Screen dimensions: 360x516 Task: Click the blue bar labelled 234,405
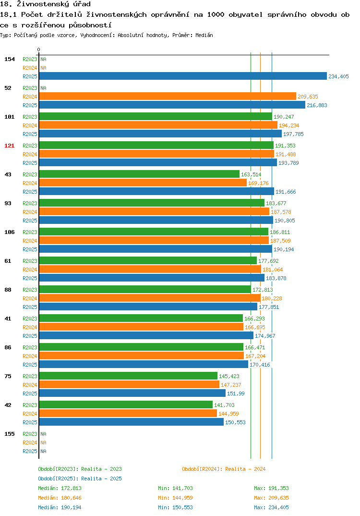(183, 76)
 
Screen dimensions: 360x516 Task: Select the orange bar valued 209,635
(168, 97)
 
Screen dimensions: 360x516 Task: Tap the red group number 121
(10, 146)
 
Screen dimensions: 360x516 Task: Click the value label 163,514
(251, 174)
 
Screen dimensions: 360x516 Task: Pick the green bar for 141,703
(126, 405)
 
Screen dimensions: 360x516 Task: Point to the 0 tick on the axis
(38, 49)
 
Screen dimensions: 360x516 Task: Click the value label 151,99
(236, 393)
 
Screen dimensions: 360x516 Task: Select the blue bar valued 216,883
(172, 105)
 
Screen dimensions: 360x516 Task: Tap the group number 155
(10, 434)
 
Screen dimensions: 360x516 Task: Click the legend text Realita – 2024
(246, 469)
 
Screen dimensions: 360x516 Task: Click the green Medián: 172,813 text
(60, 488)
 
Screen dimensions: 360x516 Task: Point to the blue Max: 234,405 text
(271, 507)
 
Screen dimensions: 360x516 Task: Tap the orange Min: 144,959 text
(175, 498)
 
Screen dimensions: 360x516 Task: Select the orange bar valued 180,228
(150, 298)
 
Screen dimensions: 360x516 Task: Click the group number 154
(10, 59)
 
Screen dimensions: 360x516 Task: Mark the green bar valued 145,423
(128, 376)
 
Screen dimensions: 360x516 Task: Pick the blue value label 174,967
(265, 336)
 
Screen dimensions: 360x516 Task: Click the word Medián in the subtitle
(204, 35)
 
